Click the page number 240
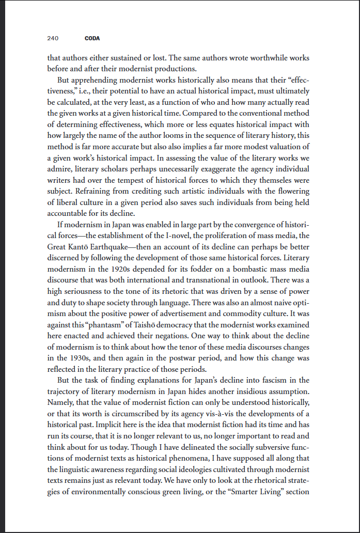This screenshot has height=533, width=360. pyautogui.click(x=52, y=39)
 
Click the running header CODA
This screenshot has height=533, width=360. pyautogui.click(x=92, y=39)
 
